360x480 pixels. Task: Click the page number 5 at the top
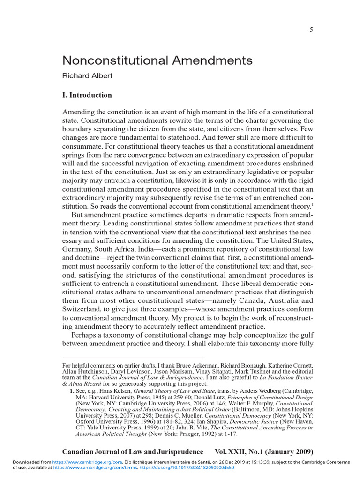coord(311,30)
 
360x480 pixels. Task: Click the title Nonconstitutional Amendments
coord(150,60)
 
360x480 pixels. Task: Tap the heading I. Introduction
coord(87,95)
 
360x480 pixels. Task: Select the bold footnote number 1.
coord(72,390)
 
